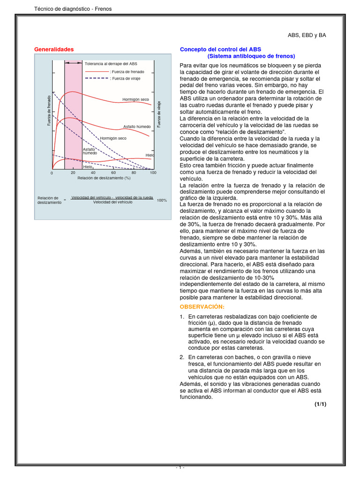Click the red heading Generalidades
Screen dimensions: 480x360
(x=54, y=49)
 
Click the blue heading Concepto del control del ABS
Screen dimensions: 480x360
(x=221, y=49)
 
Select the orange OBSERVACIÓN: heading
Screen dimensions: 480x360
(x=202, y=307)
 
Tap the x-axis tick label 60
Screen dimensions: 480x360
(x=113, y=173)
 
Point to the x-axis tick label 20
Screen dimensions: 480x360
(x=73, y=173)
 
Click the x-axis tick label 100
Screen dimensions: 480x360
(x=153, y=173)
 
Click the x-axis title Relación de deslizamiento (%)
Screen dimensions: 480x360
(x=104, y=178)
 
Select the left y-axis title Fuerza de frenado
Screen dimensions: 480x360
(x=49, y=110)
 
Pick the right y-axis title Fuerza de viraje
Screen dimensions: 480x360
(x=159, y=114)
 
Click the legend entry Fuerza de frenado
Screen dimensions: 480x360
(x=127, y=71)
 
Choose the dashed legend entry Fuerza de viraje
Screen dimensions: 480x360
(x=125, y=78)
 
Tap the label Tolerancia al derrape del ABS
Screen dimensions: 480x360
(x=111, y=63)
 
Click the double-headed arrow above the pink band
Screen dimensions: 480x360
(x=73, y=62)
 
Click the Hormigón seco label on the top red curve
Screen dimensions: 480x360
(x=135, y=99)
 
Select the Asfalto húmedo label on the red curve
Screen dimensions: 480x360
(x=137, y=127)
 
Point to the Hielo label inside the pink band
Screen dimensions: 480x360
(x=88, y=166)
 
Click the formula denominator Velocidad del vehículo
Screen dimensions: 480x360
(x=112, y=202)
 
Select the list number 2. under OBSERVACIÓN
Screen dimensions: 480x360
(x=182, y=357)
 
